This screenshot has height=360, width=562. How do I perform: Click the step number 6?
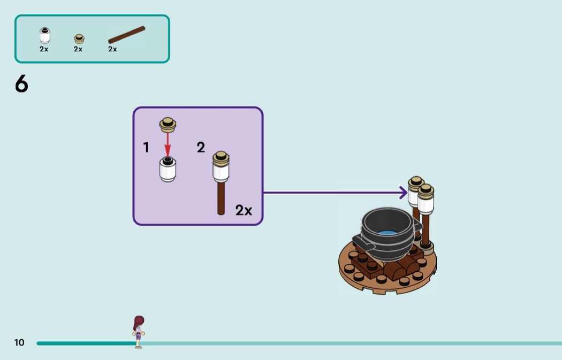pos(21,85)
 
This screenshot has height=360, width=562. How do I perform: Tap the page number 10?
pos(19,342)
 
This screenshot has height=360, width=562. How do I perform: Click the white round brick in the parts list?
pos(45,36)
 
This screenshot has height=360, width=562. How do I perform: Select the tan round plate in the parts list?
pos(79,39)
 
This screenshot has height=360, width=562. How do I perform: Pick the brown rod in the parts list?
pos(126,35)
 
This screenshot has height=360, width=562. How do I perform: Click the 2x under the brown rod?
pos(112,49)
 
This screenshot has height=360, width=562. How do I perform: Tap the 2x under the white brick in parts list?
pos(44,49)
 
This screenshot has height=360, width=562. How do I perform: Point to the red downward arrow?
pos(168,143)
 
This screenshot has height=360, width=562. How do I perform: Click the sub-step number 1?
pos(146,147)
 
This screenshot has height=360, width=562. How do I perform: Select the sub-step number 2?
pos(201,148)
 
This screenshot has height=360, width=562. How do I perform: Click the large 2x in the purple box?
pos(244,210)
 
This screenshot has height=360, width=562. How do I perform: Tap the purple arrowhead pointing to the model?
pos(403,193)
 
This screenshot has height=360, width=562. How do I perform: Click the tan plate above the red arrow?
pos(168,125)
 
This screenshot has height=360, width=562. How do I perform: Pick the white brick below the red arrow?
pos(168,170)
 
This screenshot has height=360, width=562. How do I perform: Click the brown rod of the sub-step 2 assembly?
pos(221,198)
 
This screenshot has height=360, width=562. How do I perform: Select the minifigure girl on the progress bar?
pos(139,331)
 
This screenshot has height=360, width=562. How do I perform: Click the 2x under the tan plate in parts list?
pos(78,49)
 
